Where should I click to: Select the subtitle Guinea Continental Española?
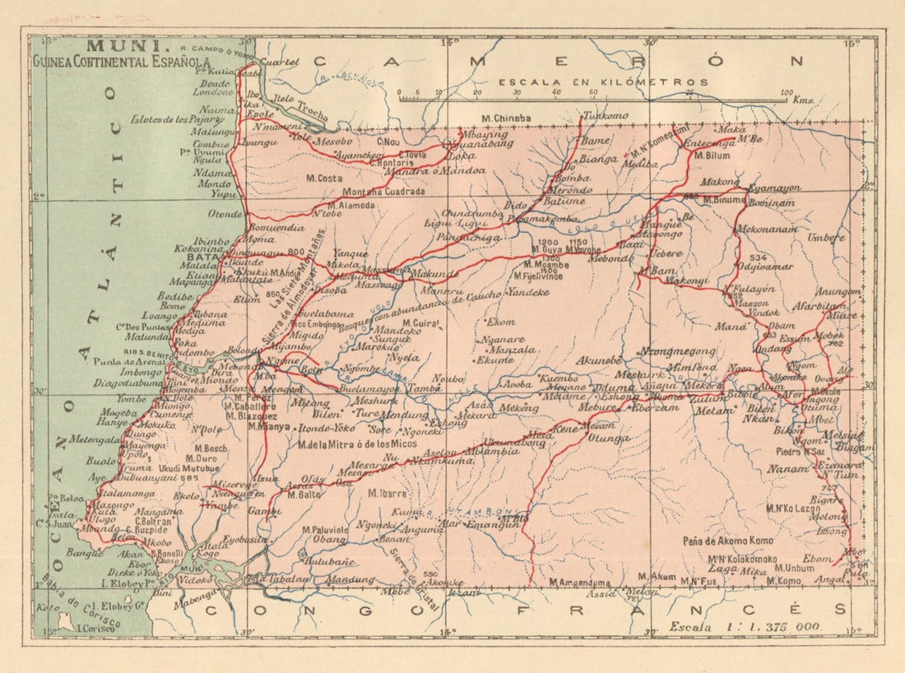pos(122,61)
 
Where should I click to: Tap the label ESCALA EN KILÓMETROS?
pos(603,82)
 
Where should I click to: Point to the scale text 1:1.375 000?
pos(746,626)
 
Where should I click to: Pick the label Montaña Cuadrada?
pos(381,192)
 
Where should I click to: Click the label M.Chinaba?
pos(507,118)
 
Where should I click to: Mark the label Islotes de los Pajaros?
pos(176,119)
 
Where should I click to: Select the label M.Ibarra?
pos(388,494)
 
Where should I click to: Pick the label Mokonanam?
pos(767,230)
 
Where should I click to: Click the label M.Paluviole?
pos(326,530)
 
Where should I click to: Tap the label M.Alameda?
pos(351,206)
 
